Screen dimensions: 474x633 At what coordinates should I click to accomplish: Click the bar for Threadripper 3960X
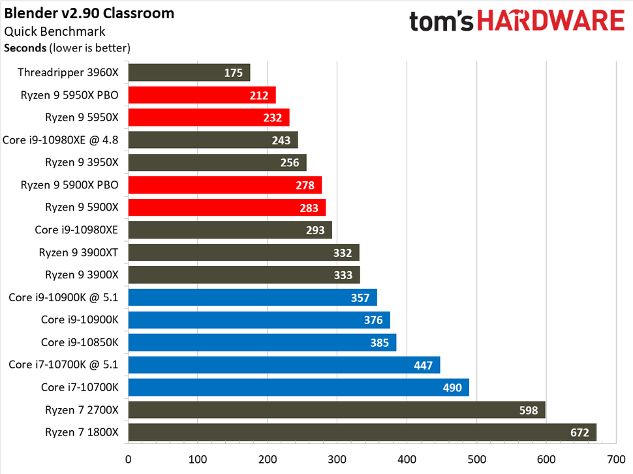(189, 72)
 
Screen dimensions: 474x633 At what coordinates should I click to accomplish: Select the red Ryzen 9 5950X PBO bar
(202, 95)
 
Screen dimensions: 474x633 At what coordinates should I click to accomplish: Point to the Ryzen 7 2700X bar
(336, 410)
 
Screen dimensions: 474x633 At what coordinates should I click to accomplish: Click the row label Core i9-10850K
(80, 342)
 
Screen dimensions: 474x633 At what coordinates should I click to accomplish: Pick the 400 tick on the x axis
(407, 459)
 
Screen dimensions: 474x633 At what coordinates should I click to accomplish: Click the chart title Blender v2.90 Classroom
(89, 13)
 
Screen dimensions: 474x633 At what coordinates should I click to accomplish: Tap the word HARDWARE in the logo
(549, 21)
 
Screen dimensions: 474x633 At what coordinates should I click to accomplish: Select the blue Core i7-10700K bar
(298, 388)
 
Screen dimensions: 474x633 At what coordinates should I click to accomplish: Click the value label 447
(423, 365)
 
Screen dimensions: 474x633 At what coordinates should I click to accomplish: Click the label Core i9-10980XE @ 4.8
(61, 140)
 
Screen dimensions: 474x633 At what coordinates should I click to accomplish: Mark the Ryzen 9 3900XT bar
(243, 252)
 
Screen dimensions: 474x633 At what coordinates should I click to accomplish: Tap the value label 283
(309, 208)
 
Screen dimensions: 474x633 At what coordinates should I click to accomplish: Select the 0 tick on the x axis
(129, 459)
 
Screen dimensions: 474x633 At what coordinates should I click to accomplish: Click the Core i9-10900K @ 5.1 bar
(252, 297)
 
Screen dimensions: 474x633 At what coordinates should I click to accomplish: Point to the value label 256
(290, 163)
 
